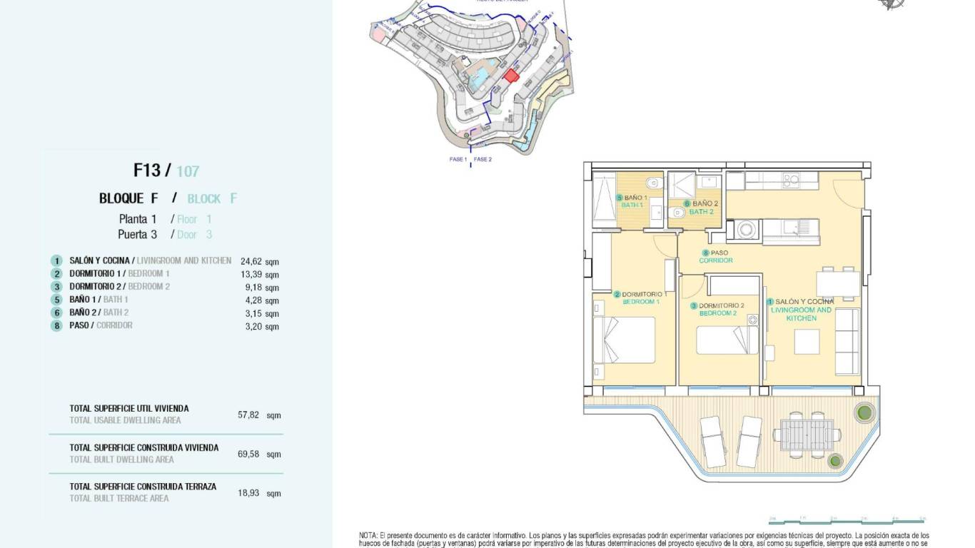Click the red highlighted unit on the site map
[x=511, y=75]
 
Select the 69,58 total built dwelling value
[x=248, y=454]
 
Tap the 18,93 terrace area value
[x=248, y=493]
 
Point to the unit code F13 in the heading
[x=148, y=170]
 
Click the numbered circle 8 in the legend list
[x=56, y=326]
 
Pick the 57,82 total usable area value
[x=248, y=415]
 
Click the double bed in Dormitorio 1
[x=629, y=340]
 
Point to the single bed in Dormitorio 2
[x=727, y=340]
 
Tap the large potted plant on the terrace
[x=864, y=412]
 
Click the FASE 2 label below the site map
[x=483, y=159]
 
